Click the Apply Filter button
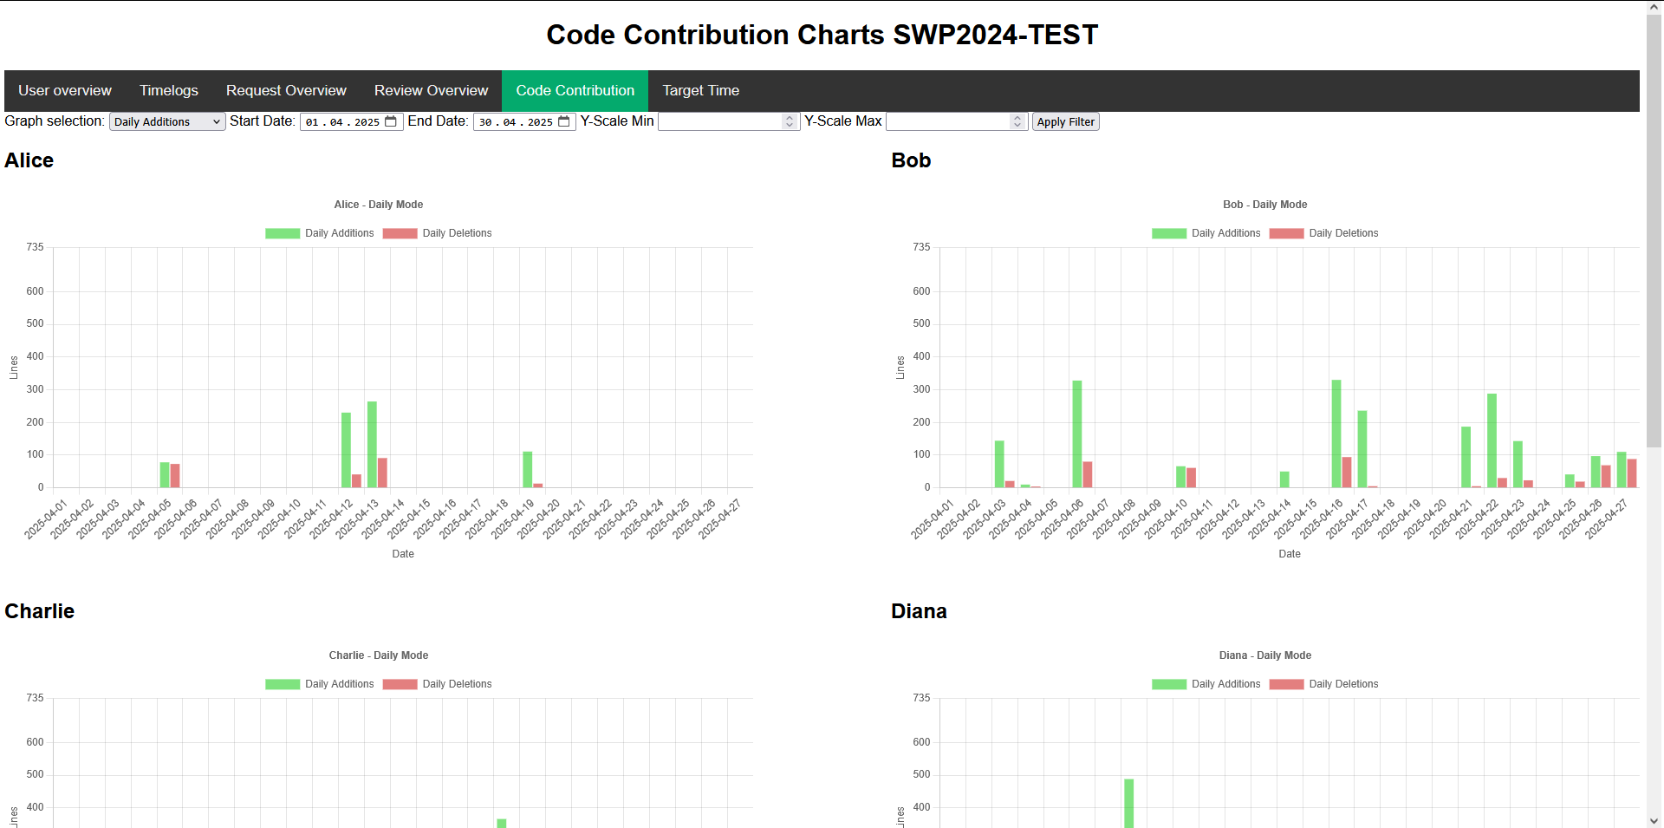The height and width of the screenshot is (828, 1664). coord(1065,122)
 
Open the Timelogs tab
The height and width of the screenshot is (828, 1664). coord(169,90)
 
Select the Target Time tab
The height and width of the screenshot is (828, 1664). coord(700,90)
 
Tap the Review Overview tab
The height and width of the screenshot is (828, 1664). coord(431,90)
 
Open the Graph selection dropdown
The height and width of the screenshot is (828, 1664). coord(167,122)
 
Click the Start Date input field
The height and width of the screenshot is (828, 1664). coord(343,122)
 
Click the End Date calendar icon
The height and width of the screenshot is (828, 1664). coord(564,122)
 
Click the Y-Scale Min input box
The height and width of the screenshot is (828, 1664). coord(721,122)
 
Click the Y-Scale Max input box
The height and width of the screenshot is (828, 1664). coord(949,122)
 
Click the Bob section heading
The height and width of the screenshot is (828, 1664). coord(911,160)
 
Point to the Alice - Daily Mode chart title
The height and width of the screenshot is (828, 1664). coord(379,205)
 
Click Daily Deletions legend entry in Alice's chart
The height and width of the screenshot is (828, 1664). coord(438,233)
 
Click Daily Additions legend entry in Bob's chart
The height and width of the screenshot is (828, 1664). coord(1206,233)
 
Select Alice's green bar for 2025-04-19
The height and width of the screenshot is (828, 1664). coord(527,469)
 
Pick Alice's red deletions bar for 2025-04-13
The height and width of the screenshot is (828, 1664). coord(382,473)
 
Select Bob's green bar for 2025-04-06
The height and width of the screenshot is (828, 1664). coord(1077,434)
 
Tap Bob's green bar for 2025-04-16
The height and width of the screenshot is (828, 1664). coord(1336,434)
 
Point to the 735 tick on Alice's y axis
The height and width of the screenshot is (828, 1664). coord(35,247)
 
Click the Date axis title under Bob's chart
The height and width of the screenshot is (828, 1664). coord(1290,554)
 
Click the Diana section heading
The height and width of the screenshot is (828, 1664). coord(919,611)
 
